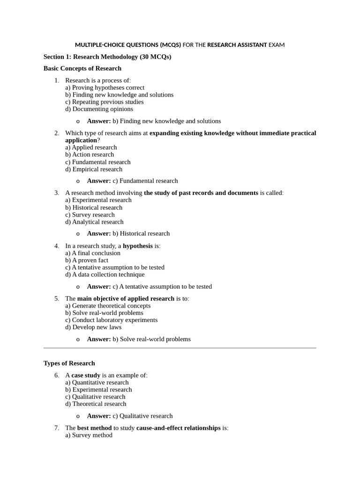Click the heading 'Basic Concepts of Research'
pyautogui.click(x=82, y=68)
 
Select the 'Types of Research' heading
pyautogui.click(x=69, y=363)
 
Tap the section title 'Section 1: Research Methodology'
pyautogui.click(x=107, y=57)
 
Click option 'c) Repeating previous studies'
pyautogui.click(x=104, y=102)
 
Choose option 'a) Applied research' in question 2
pyautogui.click(x=91, y=147)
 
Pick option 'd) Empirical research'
pyautogui.click(x=94, y=169)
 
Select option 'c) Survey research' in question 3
pyautogui.click(x=90, y=215)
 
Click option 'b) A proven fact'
pyautogui.click(x=87, y=260)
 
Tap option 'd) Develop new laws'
pyautogui.click(x=93, y=327)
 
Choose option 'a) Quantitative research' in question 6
pyautogui.click(x=97, y=382)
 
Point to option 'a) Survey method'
pyautogui.click(x=89, y=435)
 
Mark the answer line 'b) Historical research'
pyautogui.click(x=141, y=233)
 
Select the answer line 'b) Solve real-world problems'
pyautogui.click(x=151, y=339)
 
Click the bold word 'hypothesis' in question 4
pyautogui.click(x=137, y=246)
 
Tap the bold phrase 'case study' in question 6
pyautogui.click(x=86, y=375)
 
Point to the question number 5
pyautogui.click(x=56, y=299)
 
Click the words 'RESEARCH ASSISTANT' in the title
pyautogui.click(x=237, y=45)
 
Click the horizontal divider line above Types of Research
pyautogui.click(x=180, y=348)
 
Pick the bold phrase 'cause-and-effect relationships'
pyautogui.click(x=178, y=428)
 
